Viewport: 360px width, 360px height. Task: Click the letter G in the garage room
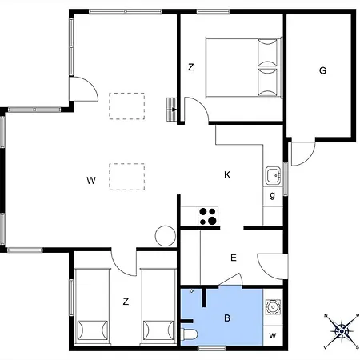coord(322,70)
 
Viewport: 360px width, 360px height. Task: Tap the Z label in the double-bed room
coord(191,67)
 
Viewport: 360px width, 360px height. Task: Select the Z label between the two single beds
coord(125,301)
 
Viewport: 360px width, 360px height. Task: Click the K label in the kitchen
coord(227,174)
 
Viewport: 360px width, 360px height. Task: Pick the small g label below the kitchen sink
coord(273,194)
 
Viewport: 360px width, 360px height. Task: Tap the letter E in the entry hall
coord(234,258)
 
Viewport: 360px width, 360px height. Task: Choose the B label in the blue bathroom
coord(227,318)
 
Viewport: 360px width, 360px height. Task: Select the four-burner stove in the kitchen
coord(208,215)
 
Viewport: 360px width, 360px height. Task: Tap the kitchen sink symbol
coord(273,175)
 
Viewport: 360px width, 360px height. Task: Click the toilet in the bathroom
coord(189,334)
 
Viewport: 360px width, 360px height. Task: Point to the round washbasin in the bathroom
coord(273,306)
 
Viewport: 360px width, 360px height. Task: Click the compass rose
coord(342,330)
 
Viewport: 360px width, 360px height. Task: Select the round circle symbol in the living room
coord(165,236)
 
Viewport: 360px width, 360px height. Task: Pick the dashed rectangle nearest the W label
coord(126,174)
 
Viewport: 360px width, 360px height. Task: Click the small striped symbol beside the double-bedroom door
coord(171,110)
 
